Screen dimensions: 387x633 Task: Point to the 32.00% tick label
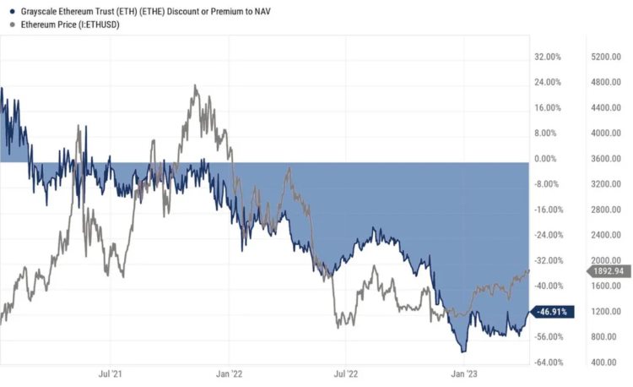(x=549, y=57)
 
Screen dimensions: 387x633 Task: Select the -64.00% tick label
(x=548, y=362)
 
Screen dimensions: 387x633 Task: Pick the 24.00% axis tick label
(x=549, y=82)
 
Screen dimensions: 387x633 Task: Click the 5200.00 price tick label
(x=607, y=57)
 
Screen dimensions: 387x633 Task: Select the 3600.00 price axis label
(x=607, y=159)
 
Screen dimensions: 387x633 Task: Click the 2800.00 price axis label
(x=607, y=210)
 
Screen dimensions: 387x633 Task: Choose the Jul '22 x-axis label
(x=347, y=372)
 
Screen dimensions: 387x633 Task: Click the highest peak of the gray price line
(x=195, y=85)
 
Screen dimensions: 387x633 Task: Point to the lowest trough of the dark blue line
(x=463, y=351)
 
